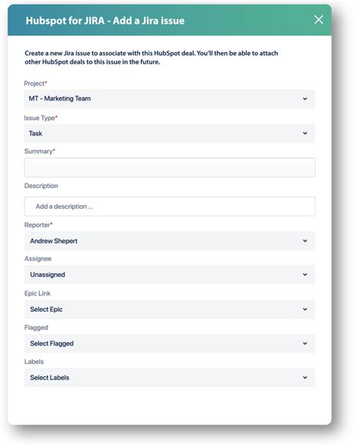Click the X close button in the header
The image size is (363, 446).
click(319, 20)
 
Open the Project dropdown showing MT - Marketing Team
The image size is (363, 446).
click(169, 99)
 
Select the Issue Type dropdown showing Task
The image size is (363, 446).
click(169, 133)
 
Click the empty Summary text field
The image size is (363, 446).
click(169, 168)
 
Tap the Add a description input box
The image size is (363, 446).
click(169, 207)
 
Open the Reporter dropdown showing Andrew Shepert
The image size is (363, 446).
click(169, 241)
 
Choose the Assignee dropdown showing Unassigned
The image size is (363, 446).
click(169, 275)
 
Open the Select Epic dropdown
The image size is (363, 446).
click(169, 309)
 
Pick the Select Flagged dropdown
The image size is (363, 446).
click(169, 343)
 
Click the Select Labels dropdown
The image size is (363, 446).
click(169, 378)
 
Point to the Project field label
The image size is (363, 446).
click(35, 83)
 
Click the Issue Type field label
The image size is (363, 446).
click(41, 118)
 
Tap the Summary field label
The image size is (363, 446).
click(39, 151)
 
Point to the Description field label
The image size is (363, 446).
click(41, 186)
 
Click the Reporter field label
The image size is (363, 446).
click(38, 225)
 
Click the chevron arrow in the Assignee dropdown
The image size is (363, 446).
click(305, 275)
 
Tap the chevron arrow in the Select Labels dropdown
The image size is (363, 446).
click(305, 378)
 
